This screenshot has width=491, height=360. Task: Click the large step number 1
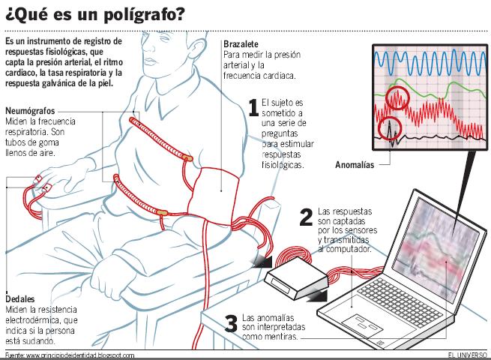coord(253,109)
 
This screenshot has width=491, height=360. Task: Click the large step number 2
coord(305,217)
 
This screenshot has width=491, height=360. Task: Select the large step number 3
coord(232,322)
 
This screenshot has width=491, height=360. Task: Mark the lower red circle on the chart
coord(389,127)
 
